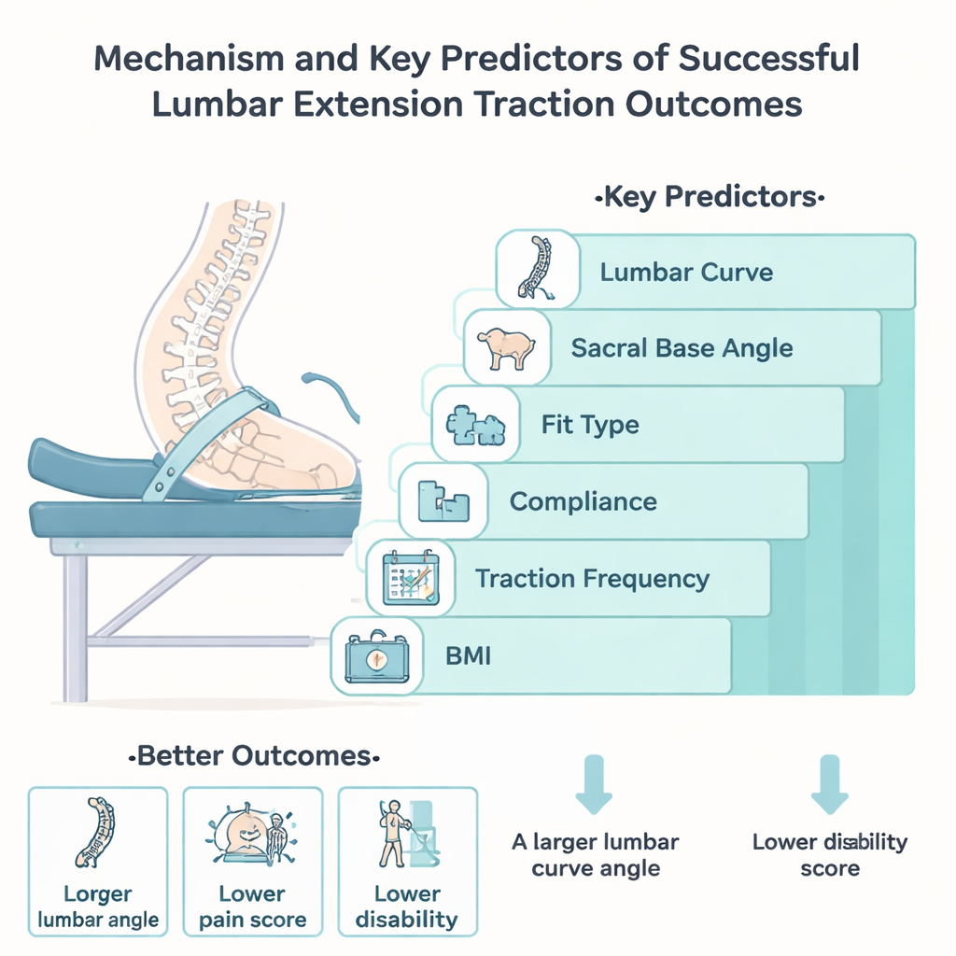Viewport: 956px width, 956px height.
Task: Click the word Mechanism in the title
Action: (x=189, y=59)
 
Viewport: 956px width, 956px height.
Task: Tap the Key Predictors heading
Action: (x=710, y=197)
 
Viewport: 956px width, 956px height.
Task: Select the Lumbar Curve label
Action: (x=686, y=272)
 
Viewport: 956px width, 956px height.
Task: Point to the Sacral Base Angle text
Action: (x=682, y=348)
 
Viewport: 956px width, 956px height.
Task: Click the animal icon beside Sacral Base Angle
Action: (x=507, y=348)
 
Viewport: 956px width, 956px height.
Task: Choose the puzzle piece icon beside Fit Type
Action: (x=475, y=426)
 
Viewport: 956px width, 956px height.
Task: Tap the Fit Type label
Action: (x=590, y=425)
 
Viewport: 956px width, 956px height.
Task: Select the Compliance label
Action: (x=583, y=501)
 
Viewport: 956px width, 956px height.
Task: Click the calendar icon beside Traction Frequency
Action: (x=411, y=577)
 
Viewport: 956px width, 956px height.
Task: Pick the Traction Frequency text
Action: (x=593, y=579)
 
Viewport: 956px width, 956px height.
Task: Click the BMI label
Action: (x=469, y=656)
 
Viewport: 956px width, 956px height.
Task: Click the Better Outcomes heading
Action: (x=254, y=756)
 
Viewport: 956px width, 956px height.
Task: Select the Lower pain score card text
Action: (x=252, y=907)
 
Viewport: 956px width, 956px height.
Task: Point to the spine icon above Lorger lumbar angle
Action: (x=96, y=832)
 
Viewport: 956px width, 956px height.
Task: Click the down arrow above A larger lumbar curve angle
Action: (x=594, y=784)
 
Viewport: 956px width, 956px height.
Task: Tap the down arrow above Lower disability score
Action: (x=830, y=784)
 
